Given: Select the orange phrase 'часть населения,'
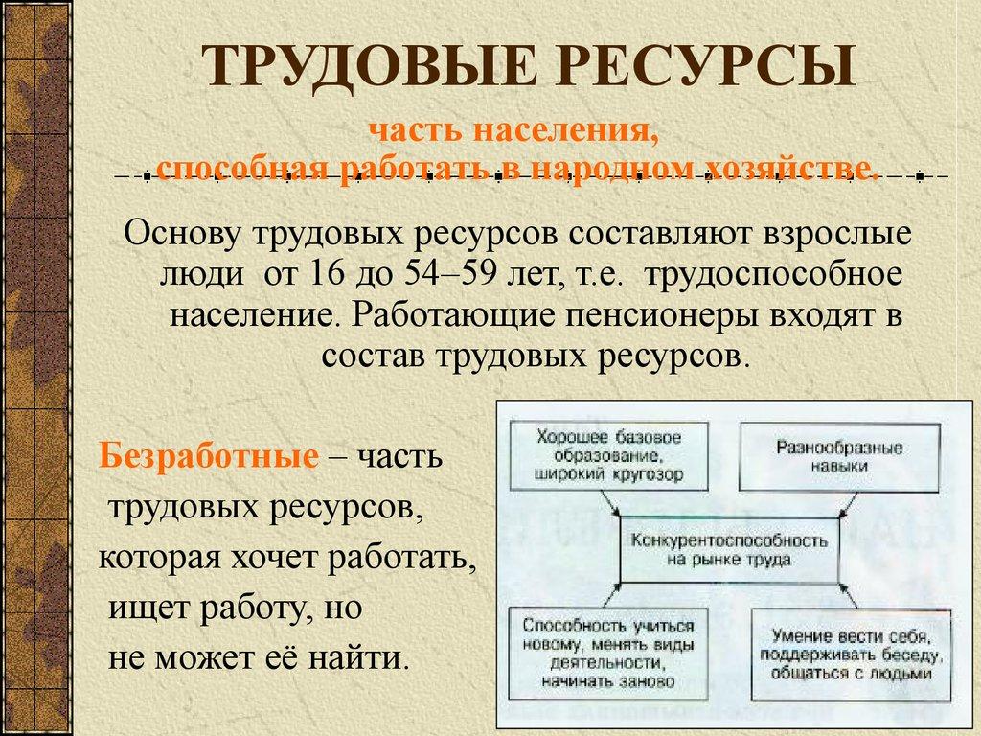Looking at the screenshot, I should [x=515, y=131].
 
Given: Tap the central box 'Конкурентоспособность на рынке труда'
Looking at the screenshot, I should [x=728, y=549].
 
